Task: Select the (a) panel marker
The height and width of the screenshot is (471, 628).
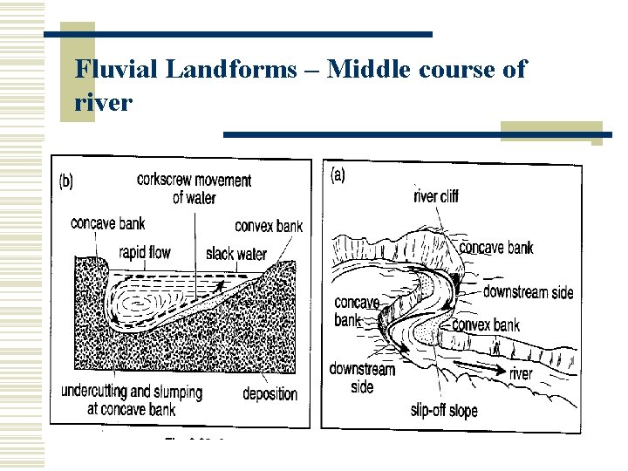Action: coord(338,174)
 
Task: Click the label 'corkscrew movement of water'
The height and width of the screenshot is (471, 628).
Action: coord(194,188)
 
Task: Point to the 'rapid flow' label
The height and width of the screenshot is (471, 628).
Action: coord(145,253)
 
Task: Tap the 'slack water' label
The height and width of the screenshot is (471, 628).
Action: coord(236,254)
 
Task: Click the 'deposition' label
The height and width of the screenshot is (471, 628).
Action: coord(270,393)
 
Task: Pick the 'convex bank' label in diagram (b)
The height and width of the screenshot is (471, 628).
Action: coord(269,226)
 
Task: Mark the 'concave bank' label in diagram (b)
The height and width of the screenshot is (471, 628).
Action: coord(108,222)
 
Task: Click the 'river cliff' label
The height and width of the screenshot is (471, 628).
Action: coord(436,196)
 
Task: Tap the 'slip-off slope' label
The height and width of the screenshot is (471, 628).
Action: coord(444,410)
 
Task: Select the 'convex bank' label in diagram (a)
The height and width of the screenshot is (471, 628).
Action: coord(486,325)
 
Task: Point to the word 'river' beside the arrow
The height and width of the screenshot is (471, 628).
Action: coord(521,374)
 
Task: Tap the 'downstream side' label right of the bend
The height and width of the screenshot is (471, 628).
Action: coord(528,291)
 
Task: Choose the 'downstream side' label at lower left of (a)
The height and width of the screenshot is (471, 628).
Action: coord(362,378)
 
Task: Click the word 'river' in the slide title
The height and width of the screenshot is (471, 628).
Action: coord(104,103)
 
